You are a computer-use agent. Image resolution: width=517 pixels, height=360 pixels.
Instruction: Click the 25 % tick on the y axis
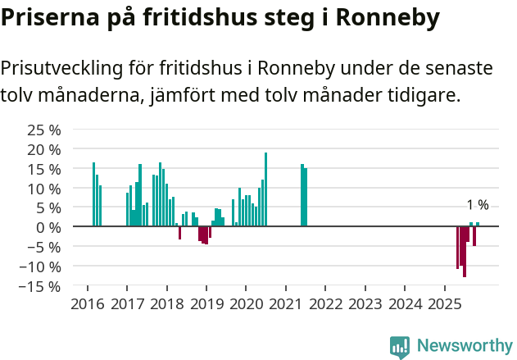(44, 130)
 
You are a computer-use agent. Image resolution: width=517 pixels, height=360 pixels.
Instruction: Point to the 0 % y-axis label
(49, 227)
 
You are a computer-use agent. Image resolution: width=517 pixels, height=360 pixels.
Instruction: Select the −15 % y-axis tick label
(40, 286)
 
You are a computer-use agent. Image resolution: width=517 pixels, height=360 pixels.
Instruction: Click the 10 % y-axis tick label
(44, 189)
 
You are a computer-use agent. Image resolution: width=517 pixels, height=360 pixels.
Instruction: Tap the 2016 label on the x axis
(87, 304)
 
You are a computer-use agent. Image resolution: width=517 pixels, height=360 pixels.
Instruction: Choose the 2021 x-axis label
(285, 304)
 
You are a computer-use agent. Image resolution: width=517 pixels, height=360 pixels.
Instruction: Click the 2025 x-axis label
(444, 304)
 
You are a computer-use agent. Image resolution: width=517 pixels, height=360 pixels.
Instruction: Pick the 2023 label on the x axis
(365, 304)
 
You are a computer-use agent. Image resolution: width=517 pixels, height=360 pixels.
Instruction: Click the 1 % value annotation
(477, 205)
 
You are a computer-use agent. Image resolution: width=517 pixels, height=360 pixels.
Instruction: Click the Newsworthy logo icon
(400, 347)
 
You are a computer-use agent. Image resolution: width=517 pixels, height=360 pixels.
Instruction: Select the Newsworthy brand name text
(465, 346)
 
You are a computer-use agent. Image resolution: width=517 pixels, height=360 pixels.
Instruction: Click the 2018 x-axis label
(166, 304)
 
